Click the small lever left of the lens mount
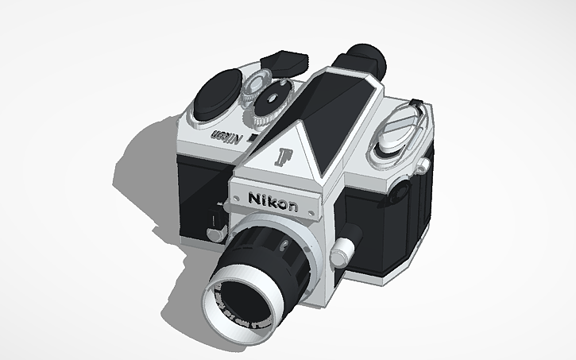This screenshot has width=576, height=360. (x=213, y=231)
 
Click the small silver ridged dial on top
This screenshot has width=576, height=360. (x=256, y=83)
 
